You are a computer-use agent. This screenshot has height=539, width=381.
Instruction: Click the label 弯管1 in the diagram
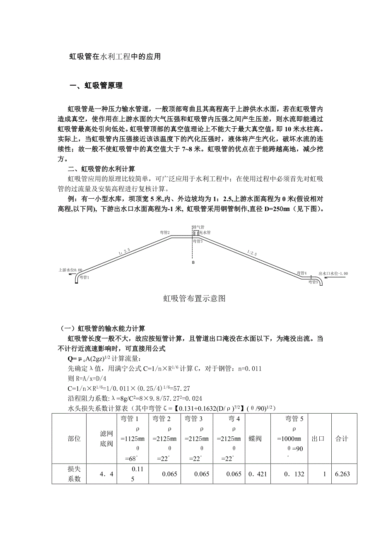84,277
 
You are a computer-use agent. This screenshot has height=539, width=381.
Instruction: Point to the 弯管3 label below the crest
197,241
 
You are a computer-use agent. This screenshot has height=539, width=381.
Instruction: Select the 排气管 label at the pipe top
198,227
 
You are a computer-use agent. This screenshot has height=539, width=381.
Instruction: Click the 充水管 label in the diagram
205,233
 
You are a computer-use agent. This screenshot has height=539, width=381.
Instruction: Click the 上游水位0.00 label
70,270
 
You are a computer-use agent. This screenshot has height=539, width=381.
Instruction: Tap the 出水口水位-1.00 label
333,274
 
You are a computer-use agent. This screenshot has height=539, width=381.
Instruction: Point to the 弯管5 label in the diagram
313,282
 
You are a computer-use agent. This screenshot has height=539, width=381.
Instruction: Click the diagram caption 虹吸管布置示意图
194,298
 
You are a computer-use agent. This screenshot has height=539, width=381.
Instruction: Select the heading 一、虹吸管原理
96,86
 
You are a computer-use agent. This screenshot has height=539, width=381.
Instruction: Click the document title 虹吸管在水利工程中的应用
114,57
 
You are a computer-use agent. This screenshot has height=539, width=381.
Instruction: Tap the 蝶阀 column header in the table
255,439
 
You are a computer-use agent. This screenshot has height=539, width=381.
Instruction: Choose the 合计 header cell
342,439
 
